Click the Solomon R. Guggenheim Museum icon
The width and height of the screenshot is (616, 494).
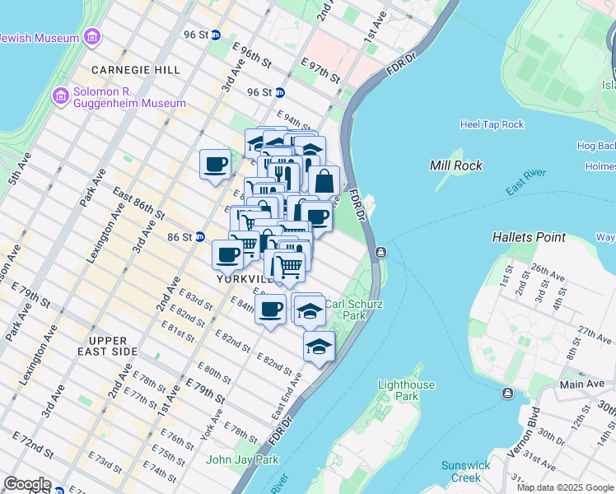pyautogui.click(x=60, y=96)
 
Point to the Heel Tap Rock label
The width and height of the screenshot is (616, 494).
pyautogui.click(x=492, y=124)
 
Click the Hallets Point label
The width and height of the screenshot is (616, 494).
pyautogui.click(x=529, y=237)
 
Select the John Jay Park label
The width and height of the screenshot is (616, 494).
pyautogui.click(x=231, y=459)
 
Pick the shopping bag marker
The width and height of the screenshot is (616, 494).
pyautogui.click(x=324, y=181)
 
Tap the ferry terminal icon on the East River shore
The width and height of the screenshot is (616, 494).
pyautogui.click(x=381, y=253)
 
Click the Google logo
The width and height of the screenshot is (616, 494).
pyautogui.click(x=28, y=484)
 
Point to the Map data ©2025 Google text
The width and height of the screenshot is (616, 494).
pyautogui.click(x=565, y=487)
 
